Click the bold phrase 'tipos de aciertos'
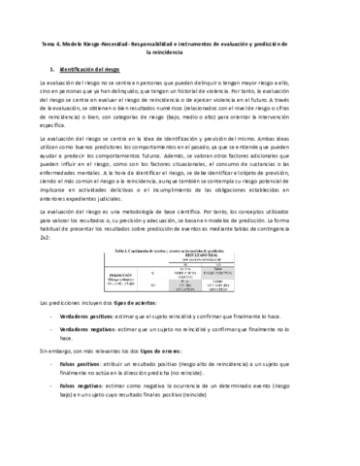coord(140,332)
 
